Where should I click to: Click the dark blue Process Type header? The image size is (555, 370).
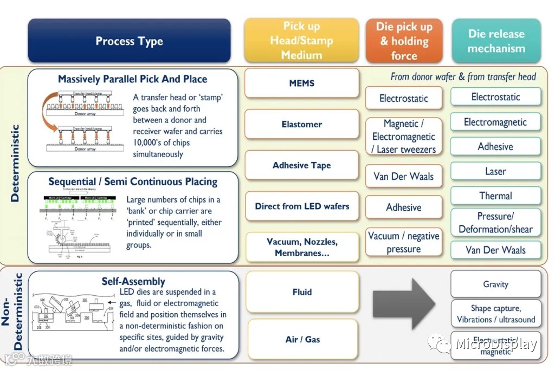coord(129,41)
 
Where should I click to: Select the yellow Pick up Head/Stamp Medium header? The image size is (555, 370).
coord(301,41)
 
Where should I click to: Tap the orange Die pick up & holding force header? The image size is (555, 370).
coord(404,41)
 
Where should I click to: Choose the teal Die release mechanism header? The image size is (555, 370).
coord(496,41)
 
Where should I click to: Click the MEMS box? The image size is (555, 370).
coord(301,83)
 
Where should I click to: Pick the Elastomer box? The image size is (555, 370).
coord(301,124)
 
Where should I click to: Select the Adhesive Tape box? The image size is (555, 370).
coord(301,165)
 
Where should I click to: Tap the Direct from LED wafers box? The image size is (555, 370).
coord(301,206)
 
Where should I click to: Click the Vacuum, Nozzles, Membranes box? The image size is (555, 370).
coord(301,247)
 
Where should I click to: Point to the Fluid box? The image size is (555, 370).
coord(301,292)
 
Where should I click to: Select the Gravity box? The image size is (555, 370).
coord(495,284)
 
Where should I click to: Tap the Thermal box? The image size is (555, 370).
coord(495,196)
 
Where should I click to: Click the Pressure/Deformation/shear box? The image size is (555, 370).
coord(495,223)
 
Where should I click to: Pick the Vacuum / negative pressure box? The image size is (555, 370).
coord(404,243)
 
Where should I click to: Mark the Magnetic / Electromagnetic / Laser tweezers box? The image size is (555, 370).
coord(404,137)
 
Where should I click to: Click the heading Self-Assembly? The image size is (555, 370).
coord(133,281)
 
